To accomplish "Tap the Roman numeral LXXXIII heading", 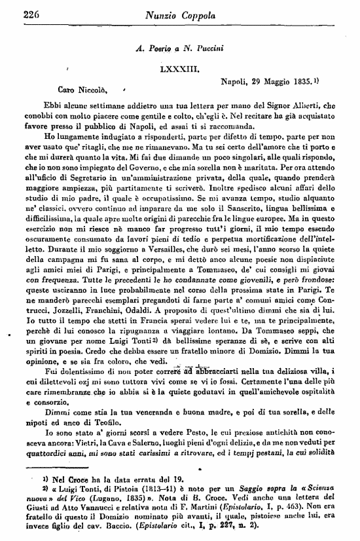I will pyautogui.click(x=179, y=67).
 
